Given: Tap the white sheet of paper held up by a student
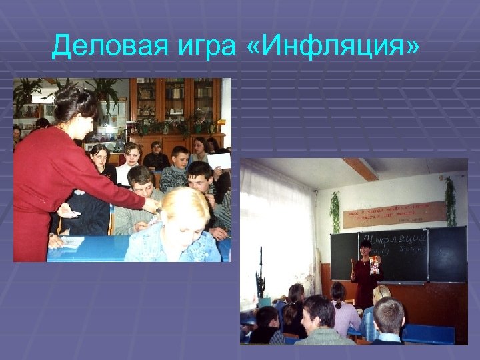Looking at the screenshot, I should click(219, 161).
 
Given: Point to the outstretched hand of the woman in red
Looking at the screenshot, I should click(152, 205).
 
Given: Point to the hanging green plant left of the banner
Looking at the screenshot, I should click(335, 211).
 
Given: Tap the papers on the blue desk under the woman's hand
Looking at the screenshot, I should click(69, 241).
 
